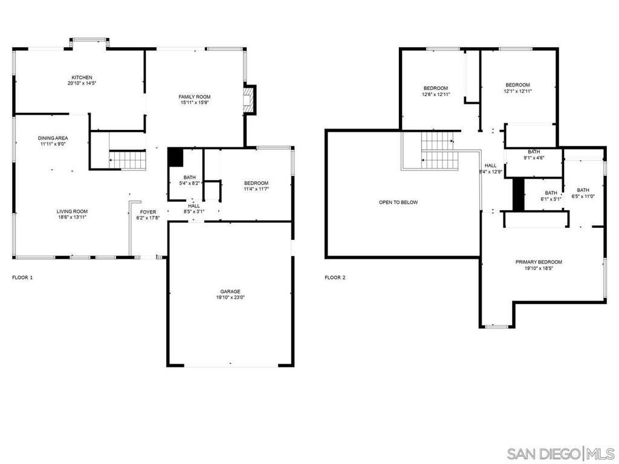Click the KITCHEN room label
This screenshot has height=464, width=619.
click(x=82, y=77)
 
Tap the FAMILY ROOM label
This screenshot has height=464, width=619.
click(x=194, y=97)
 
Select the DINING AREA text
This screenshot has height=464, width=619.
click(x=53, y=138)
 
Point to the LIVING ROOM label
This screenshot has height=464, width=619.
click(x=72, y=211)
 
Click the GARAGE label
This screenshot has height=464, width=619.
click(x=230, y=291)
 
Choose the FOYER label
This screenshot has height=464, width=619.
click(x=148, y=212)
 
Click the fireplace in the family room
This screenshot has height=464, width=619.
click(x=248, y=100)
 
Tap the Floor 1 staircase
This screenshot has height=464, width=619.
click(x=128, y=160)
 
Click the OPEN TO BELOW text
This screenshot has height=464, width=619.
click(x=398, y=202)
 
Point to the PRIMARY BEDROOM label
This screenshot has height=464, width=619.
click(x=538, y=262)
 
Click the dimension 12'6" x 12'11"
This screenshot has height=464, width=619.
click(x=436, y=94)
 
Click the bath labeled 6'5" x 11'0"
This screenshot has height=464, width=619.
click(x=583, y=193)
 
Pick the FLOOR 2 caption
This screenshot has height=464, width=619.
click(x=335, y=278)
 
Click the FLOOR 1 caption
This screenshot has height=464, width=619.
click(x=23, y=278)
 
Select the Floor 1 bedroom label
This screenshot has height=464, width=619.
click(x=256, y=183)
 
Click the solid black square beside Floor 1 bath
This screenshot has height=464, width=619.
click(x=175, y=157)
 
